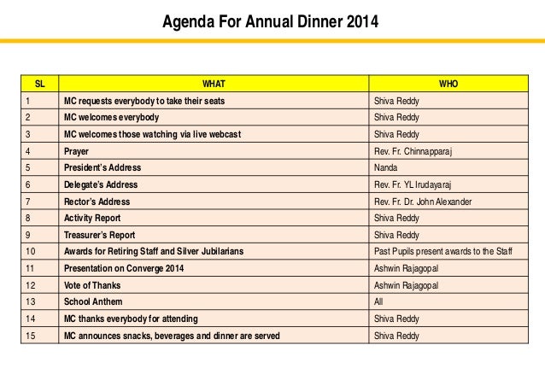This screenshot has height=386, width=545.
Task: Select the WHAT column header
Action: point(214,85)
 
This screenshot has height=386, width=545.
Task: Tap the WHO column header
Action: point(447,85)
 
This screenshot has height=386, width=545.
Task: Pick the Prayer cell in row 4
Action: point(77,151)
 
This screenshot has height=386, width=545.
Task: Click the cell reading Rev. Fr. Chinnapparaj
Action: point(416,151)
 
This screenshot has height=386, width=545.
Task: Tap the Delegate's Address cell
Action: point(101,184)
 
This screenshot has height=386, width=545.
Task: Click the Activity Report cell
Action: point(91,218)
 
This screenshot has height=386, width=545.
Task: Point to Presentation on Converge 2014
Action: point(124,268)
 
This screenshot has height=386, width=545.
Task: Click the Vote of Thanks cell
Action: point(92,285)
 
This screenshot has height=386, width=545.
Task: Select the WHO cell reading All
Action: point(379,302)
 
